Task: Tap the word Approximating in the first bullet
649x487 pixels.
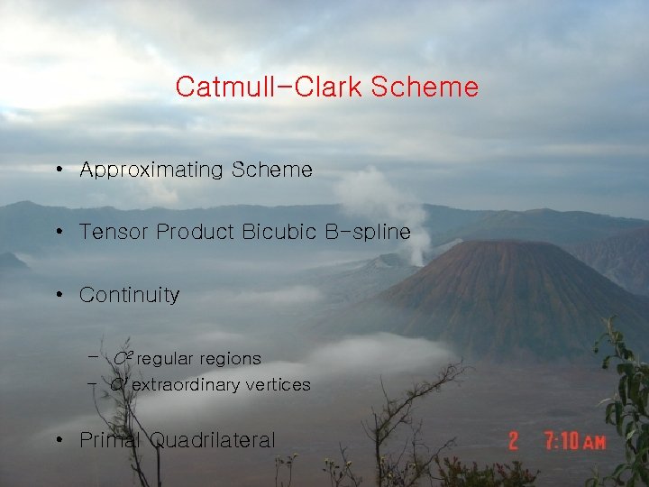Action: [151, 170]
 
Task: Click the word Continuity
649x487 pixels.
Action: [130, 295]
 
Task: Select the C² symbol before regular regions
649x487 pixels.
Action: [123, 358]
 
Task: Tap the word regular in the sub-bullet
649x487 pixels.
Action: [166, 359]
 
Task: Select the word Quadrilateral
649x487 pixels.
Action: [213, 440]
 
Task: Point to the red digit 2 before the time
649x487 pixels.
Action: [514, 441]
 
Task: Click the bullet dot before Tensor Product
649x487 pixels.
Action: [58, 233]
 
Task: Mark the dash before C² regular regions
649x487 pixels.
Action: [93, 357]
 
